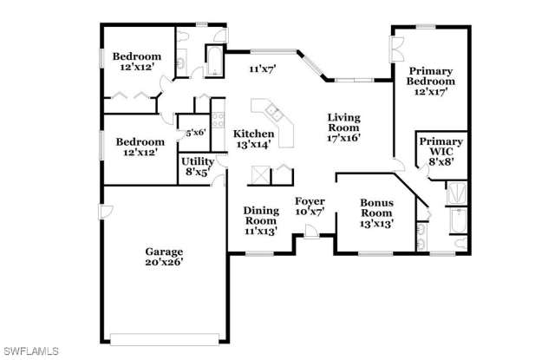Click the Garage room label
(164, 252)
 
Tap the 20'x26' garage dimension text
(164, 262)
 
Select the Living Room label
(343, 122)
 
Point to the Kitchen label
(253, 134)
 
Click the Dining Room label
(261, 216)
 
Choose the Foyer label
(310, 201)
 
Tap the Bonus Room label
(376, 208)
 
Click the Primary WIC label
(441, 147)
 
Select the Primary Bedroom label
(430, 76)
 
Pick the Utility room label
(198, 161)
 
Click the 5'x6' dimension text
(196, 133)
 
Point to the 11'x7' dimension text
(262, 69)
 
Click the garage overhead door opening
(165, 339)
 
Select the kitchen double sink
(274, 113)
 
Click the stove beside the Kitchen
(218, 120)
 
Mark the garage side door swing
(106, 212)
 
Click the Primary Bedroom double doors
(397, 49)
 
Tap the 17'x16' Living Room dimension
(343, 138)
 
